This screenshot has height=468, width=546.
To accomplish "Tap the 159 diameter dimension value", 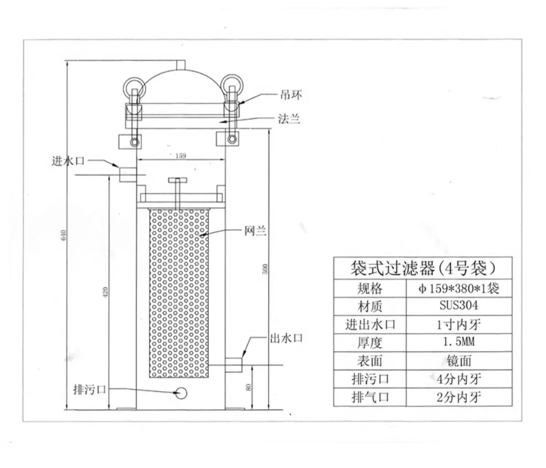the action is coord(181,156).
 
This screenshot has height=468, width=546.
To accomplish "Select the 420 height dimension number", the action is coord(105,292).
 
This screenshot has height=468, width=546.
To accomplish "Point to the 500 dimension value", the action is coord(265,269).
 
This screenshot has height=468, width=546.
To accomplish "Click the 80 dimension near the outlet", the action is coord(248,388).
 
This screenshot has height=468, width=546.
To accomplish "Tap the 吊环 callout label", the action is coord(291,95).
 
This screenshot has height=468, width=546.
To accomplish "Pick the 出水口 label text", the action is coord(286,338).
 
